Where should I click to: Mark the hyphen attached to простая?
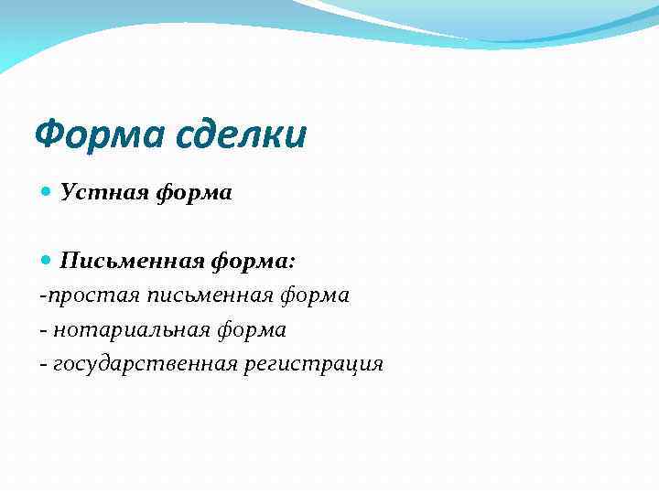(42, 296)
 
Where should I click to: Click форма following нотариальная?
(250, 330)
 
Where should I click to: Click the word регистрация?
(313, 364)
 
